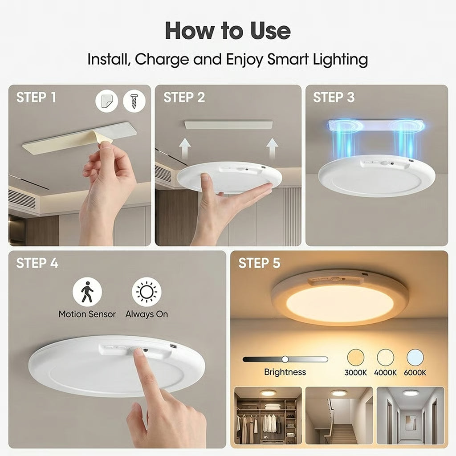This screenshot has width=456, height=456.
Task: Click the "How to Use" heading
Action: point(228,30)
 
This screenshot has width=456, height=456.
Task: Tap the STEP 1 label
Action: point(37,98)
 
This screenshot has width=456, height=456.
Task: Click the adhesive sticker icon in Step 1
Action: point(107,102)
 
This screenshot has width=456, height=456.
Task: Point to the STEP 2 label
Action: point(184,98)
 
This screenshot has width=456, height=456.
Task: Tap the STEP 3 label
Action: point(334,98)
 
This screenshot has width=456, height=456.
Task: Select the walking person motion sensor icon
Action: point(87,292)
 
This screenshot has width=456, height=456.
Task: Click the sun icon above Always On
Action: point(147,292)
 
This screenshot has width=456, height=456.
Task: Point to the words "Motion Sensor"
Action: point(87,314)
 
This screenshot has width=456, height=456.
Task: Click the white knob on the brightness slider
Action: point(285,359)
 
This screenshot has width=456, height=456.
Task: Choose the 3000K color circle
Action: point(355,357)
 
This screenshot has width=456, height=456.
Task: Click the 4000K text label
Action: point(386,373)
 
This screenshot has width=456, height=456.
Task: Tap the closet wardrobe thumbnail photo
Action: point(268,415)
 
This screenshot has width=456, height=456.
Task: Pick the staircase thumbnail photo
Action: point(339,415)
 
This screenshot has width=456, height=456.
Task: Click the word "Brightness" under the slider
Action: point(285,372)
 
